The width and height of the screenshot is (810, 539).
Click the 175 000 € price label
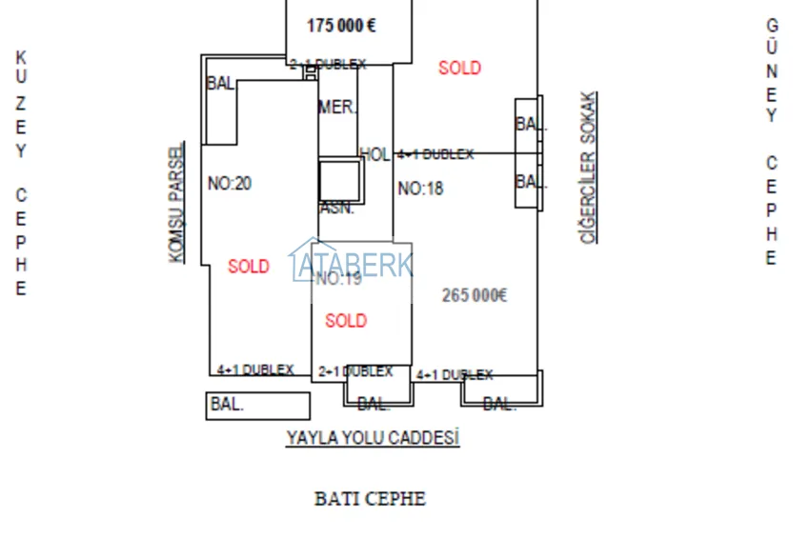(x=340, y=26)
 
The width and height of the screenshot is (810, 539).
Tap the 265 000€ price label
(x=475, y=295)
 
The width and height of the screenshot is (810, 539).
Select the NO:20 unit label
(x=230, y=183)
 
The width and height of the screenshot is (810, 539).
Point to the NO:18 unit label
(x=420, y=189)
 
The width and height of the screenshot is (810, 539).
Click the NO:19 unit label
(x=338, y=279)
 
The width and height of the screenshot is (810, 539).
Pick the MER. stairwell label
(x=337, y=108)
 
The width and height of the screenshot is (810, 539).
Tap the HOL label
(x=375, y=154)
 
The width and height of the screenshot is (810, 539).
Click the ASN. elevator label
(x=336, y=209)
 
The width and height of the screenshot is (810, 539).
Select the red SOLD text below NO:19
(x=346, y=321)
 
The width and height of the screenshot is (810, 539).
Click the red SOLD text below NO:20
(x=249, y=267)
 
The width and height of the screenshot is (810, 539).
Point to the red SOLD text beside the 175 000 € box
(x=459, y=68)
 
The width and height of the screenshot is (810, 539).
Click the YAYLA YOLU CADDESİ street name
(x=373, y=438)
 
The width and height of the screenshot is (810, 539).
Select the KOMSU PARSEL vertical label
(x=176, y=203)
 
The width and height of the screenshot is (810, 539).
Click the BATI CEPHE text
(x=370, y=498)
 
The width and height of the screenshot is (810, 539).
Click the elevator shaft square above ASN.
(x=339, y=181)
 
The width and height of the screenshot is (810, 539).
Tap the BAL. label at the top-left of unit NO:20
(x=220, y=84)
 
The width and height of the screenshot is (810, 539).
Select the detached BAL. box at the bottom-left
(x=258, y=405)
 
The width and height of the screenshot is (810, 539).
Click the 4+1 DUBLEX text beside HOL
(x=435, y=154)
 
